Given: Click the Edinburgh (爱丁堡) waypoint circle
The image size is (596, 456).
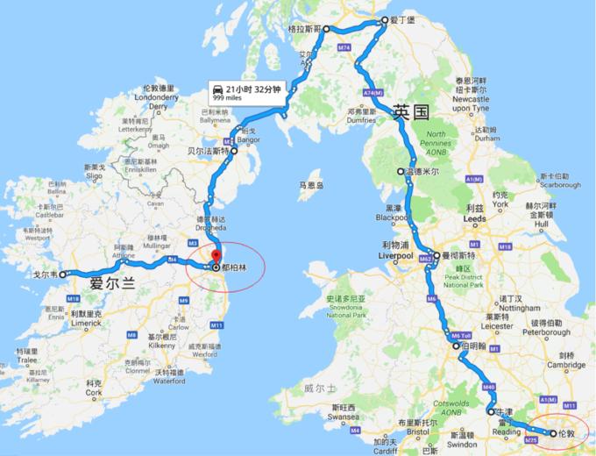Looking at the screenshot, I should tap(383, 22).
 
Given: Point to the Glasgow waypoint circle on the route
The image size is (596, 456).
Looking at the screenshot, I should tap(326, 29).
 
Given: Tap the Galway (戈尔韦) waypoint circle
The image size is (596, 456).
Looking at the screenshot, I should tap(62, 274).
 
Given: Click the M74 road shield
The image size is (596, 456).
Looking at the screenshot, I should tap(344, 46).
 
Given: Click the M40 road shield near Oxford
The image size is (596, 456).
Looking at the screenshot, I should tap(488, 386).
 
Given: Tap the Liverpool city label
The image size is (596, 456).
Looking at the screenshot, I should tap(395, 256).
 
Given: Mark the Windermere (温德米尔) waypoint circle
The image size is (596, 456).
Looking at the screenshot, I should tap(401, 172).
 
